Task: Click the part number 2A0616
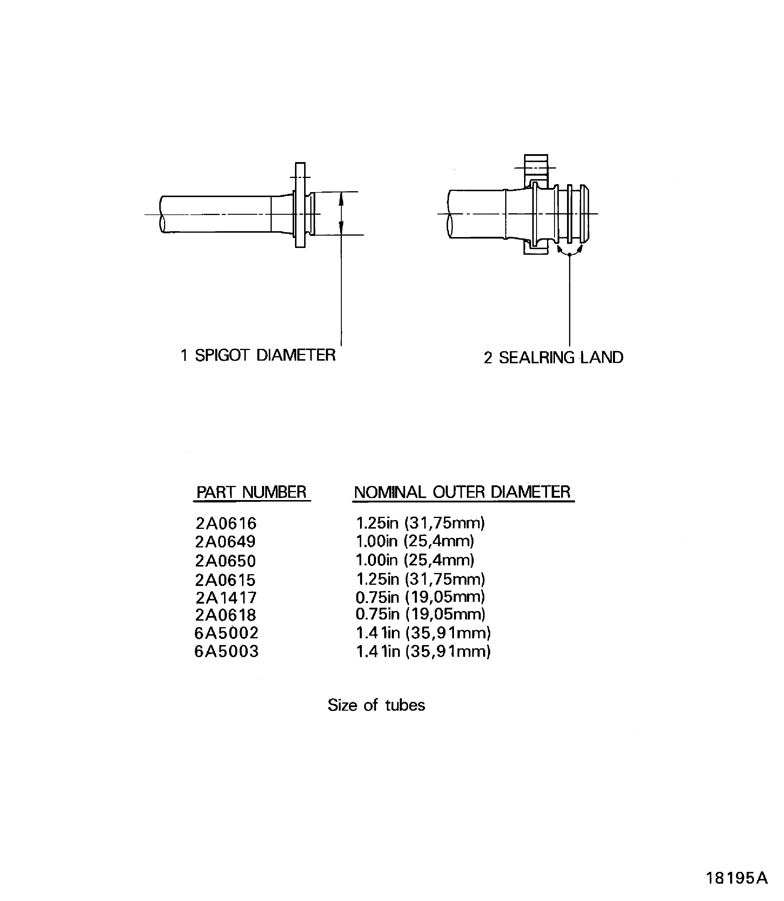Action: (x=226, y=523)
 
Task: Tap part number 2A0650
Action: (x=225, y=561)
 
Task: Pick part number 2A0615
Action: (x=225, y=580)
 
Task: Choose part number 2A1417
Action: (x=226, y=598)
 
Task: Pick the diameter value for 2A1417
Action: (x=420, y=597)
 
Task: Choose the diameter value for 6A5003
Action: (x=423, y=651)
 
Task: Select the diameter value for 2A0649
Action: (x=415, y=541)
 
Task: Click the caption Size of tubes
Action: (x=376, y=705)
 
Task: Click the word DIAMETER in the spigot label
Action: (x=296, y=355)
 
